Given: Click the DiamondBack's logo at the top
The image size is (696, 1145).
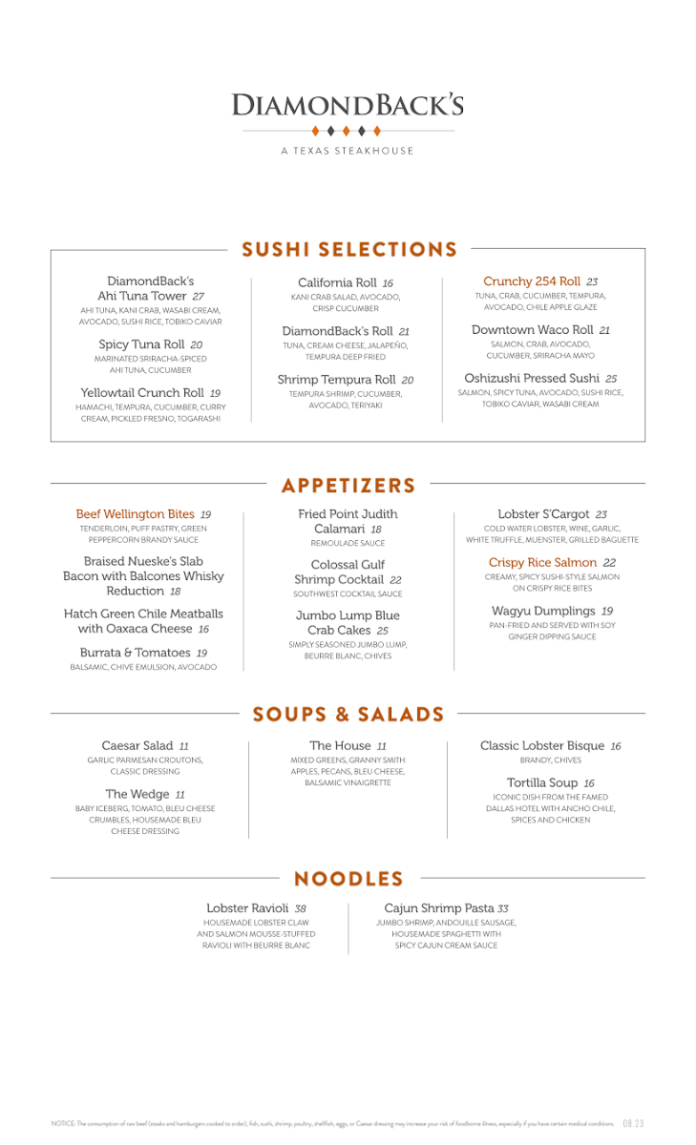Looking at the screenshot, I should [348, 105].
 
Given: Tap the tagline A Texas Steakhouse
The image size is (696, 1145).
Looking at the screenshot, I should [348, 151].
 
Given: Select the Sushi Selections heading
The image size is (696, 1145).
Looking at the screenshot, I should [349, 250].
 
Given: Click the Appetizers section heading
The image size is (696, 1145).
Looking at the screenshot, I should [348, 486].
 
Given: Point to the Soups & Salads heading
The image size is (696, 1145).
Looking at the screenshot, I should [348, 715].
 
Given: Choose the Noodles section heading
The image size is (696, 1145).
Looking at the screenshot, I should [348, 879].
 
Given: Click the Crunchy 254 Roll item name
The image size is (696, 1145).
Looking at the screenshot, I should [532, 281].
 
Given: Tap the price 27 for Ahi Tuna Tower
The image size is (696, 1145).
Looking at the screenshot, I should [198, 297].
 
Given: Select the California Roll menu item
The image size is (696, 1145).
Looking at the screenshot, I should [337, 283].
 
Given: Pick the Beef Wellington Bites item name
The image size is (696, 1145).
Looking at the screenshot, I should [135, 514].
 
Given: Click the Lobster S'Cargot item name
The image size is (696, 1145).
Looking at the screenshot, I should [543, 514].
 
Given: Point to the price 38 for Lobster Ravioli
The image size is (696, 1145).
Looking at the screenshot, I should [300, 909].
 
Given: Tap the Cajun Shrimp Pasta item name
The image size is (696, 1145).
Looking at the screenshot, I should [439, 908].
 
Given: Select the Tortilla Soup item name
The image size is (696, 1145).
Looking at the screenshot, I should [541, 783].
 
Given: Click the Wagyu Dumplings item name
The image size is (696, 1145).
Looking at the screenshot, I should [543, 611].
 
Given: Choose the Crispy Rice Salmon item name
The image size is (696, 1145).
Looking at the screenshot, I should [542, 563].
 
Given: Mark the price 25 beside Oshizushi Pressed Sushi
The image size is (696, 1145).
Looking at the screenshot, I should [611, 379].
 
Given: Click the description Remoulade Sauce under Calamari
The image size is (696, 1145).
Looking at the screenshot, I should [348, 543].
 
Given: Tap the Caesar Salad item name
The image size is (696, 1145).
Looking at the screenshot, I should [137, 745].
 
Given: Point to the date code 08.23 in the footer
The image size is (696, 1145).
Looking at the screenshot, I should [634, 1124].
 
